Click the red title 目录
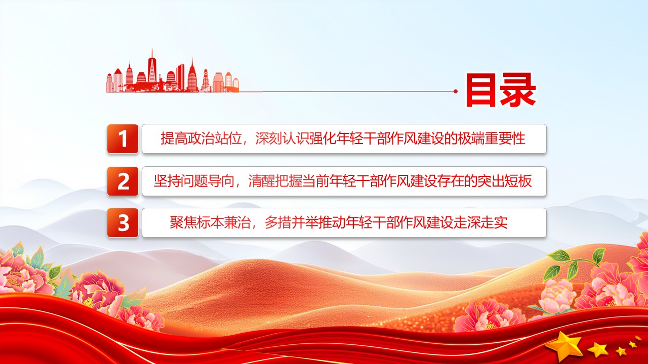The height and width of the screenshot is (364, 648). (500, 91)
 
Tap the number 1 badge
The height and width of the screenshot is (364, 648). (123, 139)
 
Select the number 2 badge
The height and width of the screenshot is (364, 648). (123, 181)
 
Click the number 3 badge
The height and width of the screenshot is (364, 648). (123, 223)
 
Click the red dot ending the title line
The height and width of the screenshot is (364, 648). (456, 92)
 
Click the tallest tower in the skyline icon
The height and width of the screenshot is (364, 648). (151, 66)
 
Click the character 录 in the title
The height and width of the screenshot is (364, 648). (518, 91)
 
